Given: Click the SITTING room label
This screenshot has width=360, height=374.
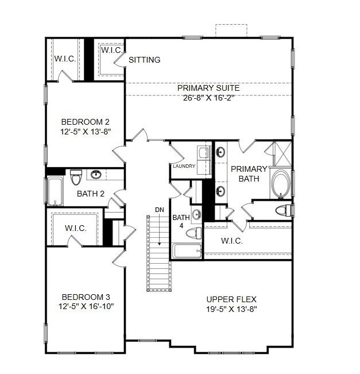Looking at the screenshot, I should (144, 60).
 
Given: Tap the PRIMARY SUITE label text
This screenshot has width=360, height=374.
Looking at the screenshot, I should (208, 88).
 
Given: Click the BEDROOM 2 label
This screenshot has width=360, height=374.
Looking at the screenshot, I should (86, 122).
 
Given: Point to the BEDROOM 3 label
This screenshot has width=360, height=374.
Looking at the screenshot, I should (86, 297).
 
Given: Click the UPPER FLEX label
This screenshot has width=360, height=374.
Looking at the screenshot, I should (231, 299).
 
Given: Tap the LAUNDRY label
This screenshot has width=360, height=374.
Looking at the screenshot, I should (184, 167).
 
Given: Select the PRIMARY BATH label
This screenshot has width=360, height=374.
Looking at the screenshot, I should (249, 173).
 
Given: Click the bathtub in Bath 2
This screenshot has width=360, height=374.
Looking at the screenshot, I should (55, 191).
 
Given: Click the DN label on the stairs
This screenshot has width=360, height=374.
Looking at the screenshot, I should (159, 210).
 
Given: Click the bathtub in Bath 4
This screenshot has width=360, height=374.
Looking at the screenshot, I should (187, 250).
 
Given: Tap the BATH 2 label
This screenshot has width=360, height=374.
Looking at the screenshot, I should (91, 194).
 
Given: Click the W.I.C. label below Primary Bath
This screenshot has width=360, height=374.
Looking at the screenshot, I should (231, 241).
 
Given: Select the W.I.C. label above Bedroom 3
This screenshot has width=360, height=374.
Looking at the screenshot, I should (76, 228).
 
